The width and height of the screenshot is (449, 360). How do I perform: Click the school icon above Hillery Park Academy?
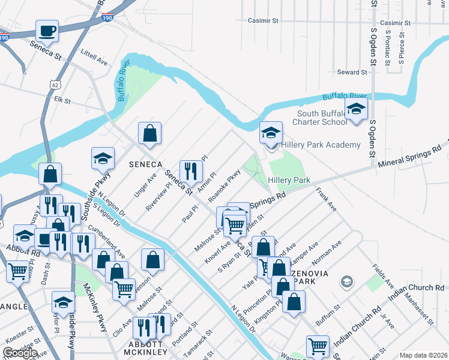pos(271,132)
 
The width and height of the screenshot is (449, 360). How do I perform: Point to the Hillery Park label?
pos(289,180)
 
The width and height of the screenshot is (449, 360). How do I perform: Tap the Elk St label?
pos(62,101)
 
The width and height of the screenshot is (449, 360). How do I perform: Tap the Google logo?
pos(19,353)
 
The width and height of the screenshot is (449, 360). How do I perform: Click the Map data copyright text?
pos(423,355)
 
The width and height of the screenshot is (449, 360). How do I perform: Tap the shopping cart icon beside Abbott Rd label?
pos(17,271)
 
